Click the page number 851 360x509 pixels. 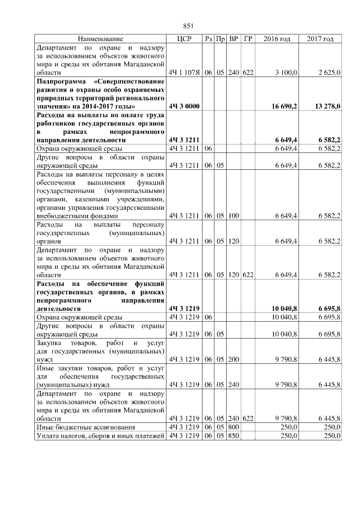[188, 26]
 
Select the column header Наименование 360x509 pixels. [100, 39]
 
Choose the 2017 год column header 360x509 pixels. [320, 39]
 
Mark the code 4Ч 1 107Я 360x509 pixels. [184, 73]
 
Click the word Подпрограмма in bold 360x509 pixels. [61, 82]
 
